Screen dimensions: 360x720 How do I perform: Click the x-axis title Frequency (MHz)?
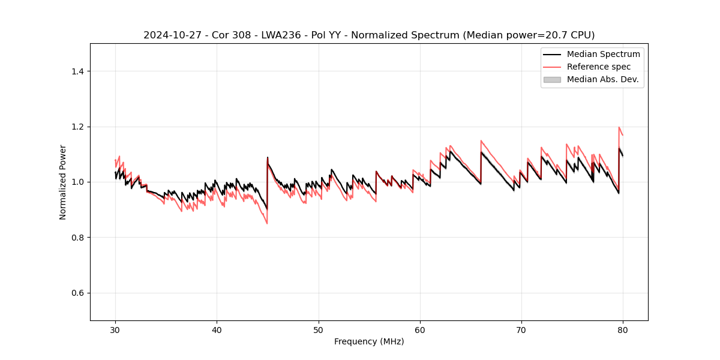[x=369, y=341]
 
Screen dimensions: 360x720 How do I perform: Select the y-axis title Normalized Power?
[x=63, y=182]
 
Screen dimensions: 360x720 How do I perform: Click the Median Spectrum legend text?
[x=603, y=54]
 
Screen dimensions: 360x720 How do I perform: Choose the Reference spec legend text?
[x=599, y=67]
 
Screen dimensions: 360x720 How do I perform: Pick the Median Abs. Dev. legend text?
[x=602, y=79]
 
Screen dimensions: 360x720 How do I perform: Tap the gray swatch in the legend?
[x=552, y=79]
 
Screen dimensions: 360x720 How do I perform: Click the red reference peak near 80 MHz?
[x=619, y=127]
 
